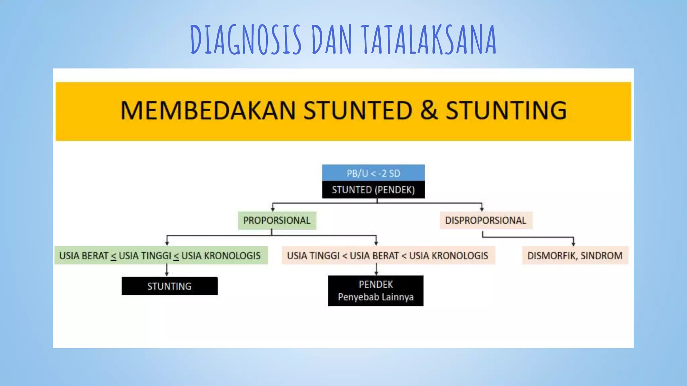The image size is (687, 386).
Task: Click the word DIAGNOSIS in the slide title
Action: click(x=246, y=40)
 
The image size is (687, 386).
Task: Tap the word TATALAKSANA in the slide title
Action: click(x=429, y=40)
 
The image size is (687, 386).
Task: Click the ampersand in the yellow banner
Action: click(x=429, y=111)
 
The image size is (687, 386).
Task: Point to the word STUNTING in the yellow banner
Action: click(x=506, y=111)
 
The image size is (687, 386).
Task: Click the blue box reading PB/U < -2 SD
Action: click(x=373, y=173)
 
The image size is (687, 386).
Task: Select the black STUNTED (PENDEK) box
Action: click(x=373, y=190)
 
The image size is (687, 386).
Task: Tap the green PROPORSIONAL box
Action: click(x=277, y=220)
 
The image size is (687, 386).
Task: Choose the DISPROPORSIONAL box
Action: click(x=485, y=220)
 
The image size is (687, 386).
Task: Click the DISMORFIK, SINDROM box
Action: click(x=575, y=256)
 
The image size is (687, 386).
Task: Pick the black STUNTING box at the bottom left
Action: click(x=169, y=286)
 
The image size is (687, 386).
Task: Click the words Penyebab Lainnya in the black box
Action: click(x=376, y=297)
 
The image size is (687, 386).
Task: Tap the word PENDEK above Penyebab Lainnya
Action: click(x=376, y=284)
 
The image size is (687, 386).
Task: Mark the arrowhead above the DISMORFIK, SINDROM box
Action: click(x=573, y=243)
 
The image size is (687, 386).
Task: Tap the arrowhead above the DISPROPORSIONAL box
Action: click(x=482, y=209)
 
